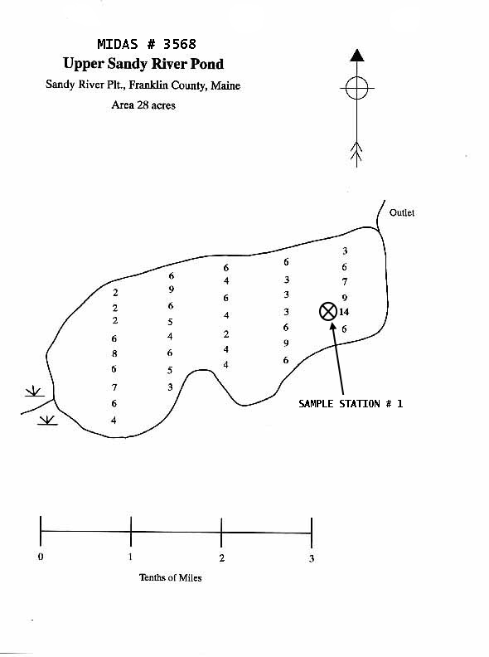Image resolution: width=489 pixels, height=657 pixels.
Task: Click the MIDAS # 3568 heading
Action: coord(147,44)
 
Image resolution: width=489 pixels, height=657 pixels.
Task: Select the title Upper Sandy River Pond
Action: coord(143,64)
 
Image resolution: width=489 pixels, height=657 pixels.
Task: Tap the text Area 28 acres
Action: coord(143,105)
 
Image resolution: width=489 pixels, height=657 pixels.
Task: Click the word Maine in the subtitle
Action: coord(225,85)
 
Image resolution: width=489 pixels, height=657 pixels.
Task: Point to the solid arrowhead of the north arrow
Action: coord(356,56)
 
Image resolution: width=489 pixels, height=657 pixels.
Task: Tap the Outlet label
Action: coord(402,212)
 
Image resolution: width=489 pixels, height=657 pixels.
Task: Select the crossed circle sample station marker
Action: coord(328,311)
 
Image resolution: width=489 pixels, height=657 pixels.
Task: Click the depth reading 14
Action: coord(344,312)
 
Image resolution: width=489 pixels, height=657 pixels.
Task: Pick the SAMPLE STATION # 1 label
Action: coord(351,403)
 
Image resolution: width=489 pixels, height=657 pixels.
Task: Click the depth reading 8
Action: coord(114,353)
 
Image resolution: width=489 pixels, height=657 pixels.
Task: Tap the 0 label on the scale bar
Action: coord(41,557)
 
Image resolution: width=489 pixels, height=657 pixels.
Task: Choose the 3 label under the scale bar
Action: coord(312,558)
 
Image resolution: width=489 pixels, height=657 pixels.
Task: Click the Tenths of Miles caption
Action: coord(171,577)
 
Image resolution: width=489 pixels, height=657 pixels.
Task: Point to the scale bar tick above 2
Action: coord(221,533)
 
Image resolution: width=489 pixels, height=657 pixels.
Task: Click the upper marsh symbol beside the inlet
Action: coord(34,392)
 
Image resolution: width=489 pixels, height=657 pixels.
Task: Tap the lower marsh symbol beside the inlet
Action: coord(48,421)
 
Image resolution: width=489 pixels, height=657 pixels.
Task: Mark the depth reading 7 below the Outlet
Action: coord(345,281)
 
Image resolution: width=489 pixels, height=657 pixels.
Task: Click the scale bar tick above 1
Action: coord(131,531)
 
